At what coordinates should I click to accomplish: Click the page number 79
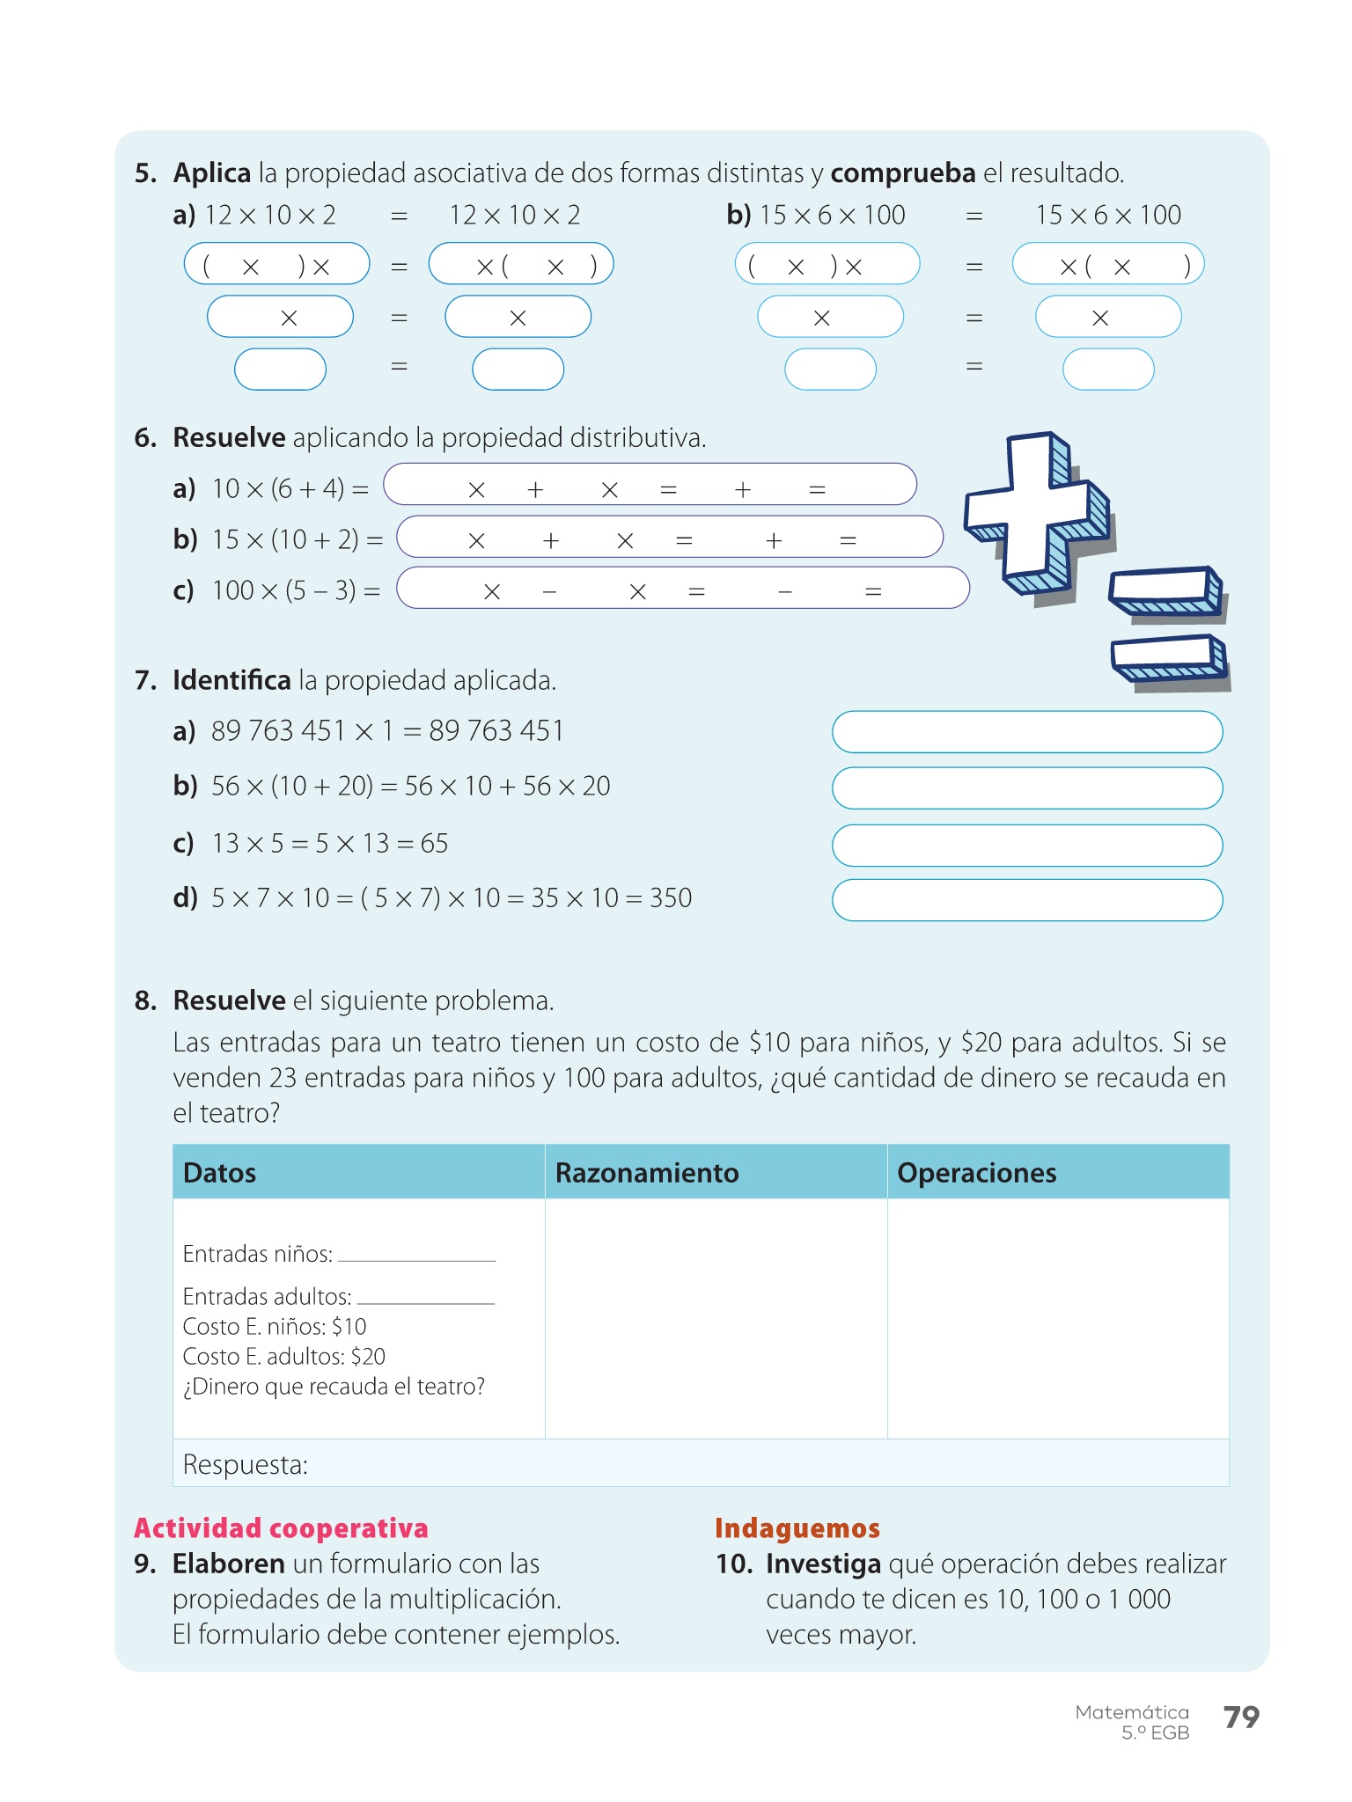pos(1241,1717)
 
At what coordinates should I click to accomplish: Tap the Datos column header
pos(219,1173)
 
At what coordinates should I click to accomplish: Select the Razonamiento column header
pos(646,1173)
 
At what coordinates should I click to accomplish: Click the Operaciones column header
pos(976,1173)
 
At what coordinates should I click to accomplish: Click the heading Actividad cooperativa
pos(281,1528)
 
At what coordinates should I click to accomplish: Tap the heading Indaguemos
pos(797,1528)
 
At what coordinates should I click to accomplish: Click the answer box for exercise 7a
pos(1026,732)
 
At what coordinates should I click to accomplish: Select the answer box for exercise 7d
pos(1026,900)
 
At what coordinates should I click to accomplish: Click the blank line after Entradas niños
pos(416,1256)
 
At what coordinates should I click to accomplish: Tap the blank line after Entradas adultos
pos(425,1298)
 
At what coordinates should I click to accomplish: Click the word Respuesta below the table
pos(245,1464)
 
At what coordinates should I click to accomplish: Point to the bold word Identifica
pos(231,680)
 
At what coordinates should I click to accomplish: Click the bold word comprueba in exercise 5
pos(902,173)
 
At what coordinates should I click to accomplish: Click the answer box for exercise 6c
pos(682,589)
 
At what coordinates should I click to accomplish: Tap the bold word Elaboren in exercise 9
pos(228,1564)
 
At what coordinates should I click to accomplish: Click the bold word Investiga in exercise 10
pos(823,1564)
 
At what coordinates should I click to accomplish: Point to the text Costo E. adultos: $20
pos(283,1357)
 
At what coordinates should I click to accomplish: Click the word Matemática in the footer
pos(1131,1712)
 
